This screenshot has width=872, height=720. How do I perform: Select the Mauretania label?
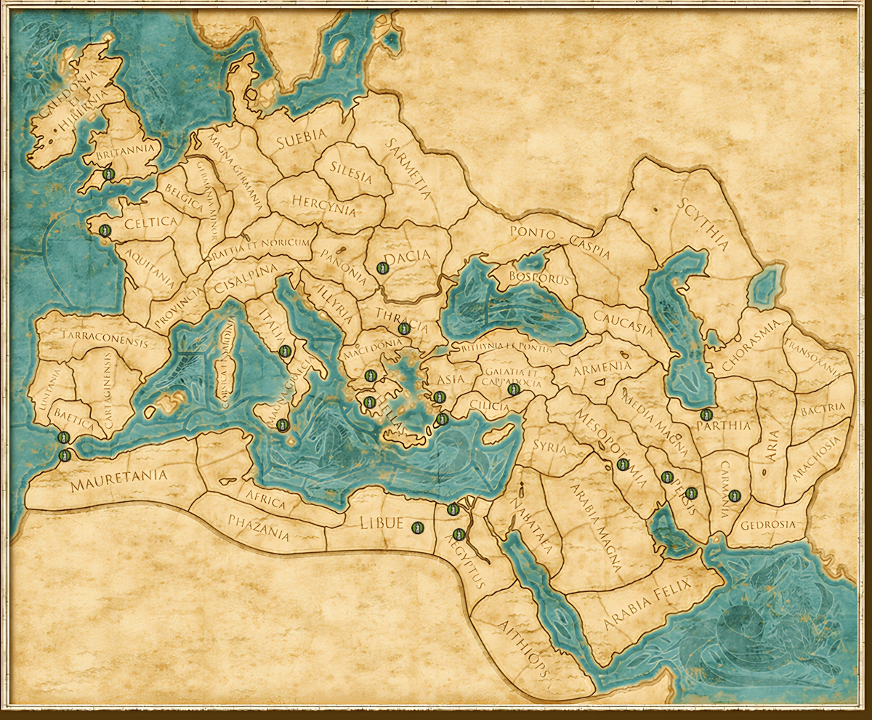click(119, 480)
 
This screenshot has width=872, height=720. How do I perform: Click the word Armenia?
click(602, 367)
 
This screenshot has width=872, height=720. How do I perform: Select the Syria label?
click(549, 445)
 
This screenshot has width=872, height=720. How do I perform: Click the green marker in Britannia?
click(108, 174)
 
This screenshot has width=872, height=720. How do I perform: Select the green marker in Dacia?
click(383, 267)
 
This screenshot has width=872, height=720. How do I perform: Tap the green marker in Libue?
click(416, 527)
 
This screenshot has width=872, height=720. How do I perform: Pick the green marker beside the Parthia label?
click(706, 415)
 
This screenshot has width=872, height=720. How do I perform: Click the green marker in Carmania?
click(734, 495)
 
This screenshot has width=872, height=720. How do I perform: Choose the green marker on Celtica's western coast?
click(104, 230)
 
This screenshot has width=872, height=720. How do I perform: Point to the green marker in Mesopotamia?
click(622, 464)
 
